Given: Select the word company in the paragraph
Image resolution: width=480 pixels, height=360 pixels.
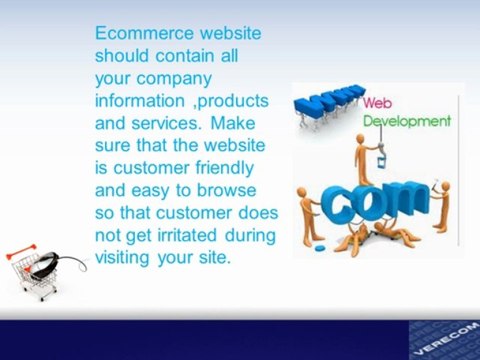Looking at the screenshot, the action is pos(174,79).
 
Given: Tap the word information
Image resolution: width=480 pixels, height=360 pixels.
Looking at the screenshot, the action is pos(140,100).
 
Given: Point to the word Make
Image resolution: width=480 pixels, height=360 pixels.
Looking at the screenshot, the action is pos(233,123).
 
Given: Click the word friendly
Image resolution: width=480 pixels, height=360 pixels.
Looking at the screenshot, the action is pos(224,168).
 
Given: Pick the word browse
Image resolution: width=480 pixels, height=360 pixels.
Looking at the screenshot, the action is pos(226,190).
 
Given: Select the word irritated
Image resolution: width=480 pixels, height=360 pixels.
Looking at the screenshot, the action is pos(187,235).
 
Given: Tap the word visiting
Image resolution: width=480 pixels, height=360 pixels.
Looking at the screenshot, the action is pos(122,258).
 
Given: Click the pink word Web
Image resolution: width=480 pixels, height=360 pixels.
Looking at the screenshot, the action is pos(378,103).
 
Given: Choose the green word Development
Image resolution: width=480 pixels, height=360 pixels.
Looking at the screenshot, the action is pos(407,121).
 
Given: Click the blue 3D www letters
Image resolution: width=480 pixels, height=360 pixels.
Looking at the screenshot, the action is pos(328,101).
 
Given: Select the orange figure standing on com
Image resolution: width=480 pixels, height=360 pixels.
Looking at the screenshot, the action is pos(363,159).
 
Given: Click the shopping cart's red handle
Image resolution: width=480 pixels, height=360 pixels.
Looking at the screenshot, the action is pos(20,252).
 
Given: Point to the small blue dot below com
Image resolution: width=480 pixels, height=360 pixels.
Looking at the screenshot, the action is pos(319,247).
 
